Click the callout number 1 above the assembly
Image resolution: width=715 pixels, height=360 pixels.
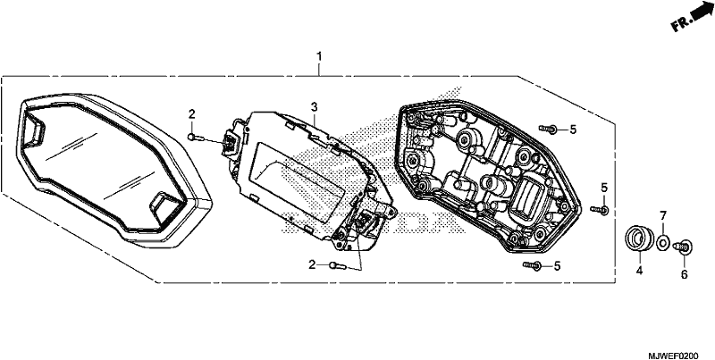pos(319,57)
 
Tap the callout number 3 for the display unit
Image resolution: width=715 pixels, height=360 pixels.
pos(314,107)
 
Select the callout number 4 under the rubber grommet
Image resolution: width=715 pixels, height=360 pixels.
pos(639,271)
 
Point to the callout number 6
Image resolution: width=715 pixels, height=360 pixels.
pos(684,274)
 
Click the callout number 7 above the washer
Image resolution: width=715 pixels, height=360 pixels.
pos(663,215)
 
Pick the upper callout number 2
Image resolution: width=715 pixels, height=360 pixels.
pos(192,114)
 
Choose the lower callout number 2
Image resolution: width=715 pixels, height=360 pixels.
pos(312,264)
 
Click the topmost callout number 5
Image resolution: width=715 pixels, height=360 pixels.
pos(573,130)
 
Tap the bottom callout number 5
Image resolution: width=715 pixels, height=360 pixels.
pos(556,265)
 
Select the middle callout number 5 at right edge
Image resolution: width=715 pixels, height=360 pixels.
pos(604,188)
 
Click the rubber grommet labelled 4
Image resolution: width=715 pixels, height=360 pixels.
pos(638,239)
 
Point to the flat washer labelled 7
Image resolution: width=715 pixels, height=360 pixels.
pos(663,240)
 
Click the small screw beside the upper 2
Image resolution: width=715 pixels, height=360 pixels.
pos(193,137)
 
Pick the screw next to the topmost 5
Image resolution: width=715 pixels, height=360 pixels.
pos(548,130)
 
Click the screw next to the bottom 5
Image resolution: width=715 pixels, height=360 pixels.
pos(532,265)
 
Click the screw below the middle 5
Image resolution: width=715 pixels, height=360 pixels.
pos(600,210)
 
